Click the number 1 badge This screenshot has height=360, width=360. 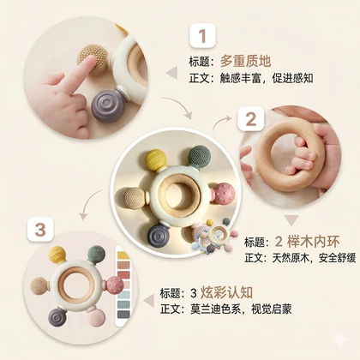pos(202,36)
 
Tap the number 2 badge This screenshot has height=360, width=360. pos(251,119)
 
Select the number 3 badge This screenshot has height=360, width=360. pos(40,230)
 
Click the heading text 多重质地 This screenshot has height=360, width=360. pos(245,61)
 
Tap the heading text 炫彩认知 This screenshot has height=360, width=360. pos(226,292)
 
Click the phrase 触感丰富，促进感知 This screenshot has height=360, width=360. pos(267,78)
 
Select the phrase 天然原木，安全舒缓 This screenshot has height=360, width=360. pos(314,258)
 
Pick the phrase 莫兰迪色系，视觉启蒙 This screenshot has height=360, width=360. pos(241,309)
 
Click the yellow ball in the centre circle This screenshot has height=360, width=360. pos(156,160)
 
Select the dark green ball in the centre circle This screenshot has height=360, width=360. pos(199,157)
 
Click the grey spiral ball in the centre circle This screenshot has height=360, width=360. pos(158,236)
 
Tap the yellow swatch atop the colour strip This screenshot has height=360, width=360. pos(123,255)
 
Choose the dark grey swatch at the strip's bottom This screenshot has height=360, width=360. pos(123,315)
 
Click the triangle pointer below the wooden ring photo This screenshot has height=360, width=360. pos(291,219)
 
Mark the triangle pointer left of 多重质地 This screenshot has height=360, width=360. pos(172,73)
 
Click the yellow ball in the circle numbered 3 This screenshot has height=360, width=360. pos(57,255)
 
